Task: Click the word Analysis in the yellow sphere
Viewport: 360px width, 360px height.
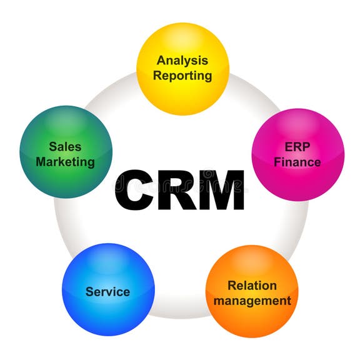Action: tap(182, 61)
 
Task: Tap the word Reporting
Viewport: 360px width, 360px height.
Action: tap(182, 76)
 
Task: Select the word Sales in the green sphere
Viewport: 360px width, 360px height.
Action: tap(65, 146)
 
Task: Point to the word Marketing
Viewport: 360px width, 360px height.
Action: tap(65, 162)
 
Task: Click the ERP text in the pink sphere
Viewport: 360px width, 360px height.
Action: tap(297, 147)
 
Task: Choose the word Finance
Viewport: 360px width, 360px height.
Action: tap(297, 162)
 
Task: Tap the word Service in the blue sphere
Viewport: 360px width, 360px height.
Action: tap(107, 292)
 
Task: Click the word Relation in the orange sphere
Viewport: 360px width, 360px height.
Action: tap(252, 286)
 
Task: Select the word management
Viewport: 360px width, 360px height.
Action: tap(252, 301)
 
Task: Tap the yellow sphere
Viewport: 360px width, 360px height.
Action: tap(182, 69)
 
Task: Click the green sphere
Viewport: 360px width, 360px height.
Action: tap(66, 152)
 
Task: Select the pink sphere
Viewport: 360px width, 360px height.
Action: tap(298, 155)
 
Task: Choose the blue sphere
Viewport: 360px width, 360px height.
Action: tap(108, 289)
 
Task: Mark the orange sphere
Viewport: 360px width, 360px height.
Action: tap(252, 291)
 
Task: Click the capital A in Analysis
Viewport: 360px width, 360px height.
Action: tap(162, 61)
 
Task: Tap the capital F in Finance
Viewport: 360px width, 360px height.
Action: tap(277, 162)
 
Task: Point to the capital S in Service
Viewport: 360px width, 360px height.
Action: tap(90, 292)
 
